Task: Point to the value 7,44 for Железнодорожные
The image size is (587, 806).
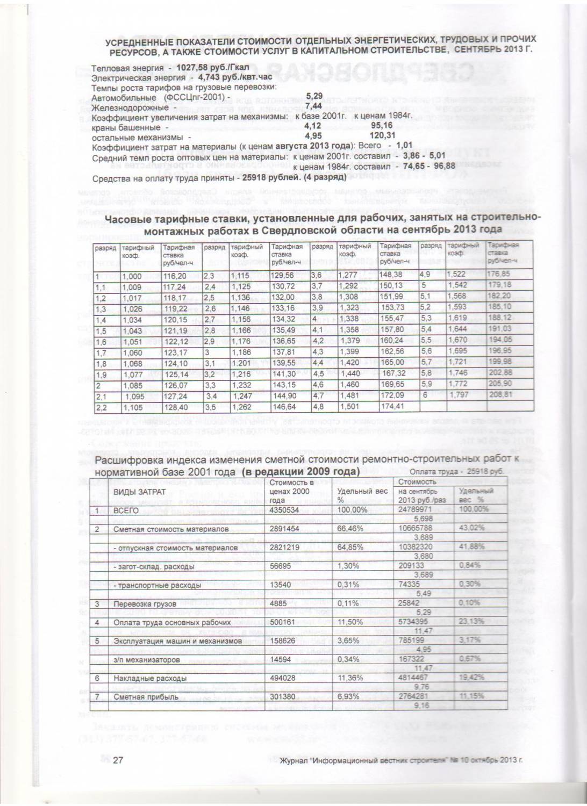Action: point(313,106)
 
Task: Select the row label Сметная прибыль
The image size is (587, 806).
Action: point(138,697)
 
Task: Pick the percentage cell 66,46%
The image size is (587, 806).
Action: point(348,529)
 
